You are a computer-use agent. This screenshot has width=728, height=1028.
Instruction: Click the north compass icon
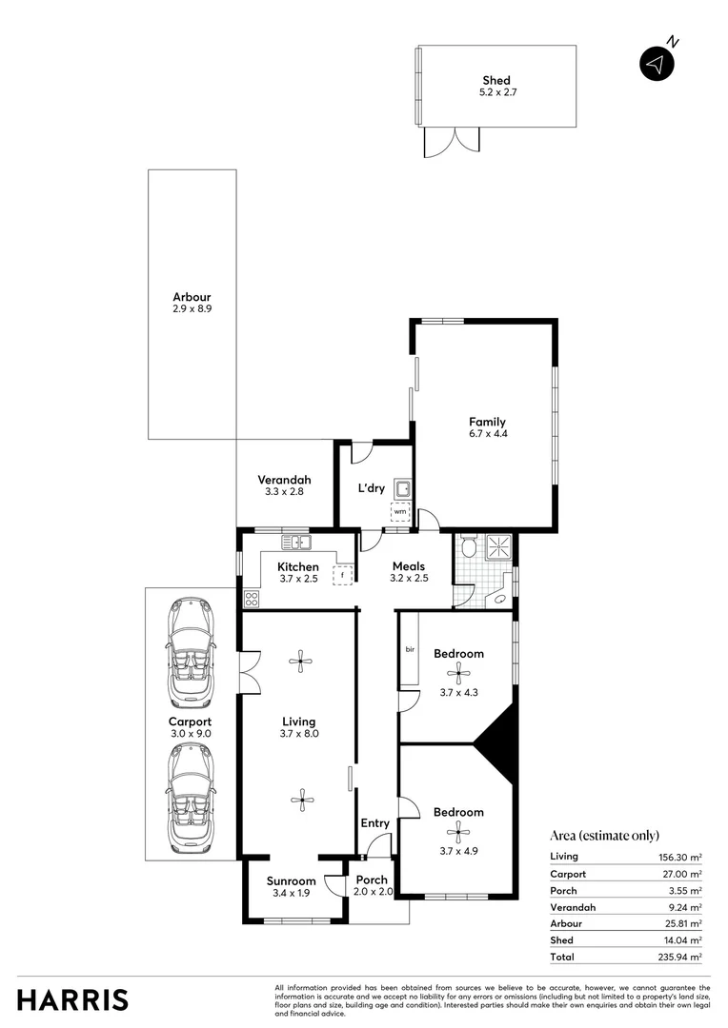coord(656,63)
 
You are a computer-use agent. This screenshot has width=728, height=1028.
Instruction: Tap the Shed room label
coord(495,81)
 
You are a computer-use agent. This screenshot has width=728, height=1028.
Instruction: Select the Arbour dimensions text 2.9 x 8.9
coord(192,308)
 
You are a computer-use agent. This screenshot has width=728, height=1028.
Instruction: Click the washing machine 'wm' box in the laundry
coord(400,512)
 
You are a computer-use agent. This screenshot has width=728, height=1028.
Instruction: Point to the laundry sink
coord(403,490)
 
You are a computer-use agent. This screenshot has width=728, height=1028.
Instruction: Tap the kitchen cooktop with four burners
coord(253,599)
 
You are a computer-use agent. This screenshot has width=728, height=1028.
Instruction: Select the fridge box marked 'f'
coord(342,575)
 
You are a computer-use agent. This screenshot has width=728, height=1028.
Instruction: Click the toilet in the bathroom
coord(468,546)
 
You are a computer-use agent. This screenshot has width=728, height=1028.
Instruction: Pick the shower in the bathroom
coord(499,546)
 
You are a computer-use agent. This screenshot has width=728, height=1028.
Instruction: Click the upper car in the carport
coord(192,650)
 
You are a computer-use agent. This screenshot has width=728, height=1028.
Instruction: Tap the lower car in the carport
coord(192,798)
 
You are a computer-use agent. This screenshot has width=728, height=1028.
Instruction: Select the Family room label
coord(486,422)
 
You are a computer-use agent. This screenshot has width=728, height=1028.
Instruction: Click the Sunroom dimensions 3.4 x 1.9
coord(291,894)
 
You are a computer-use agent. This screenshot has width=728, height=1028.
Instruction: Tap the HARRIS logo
coord(72,999)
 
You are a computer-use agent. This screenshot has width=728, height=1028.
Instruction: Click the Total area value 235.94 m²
coord(682,957)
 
